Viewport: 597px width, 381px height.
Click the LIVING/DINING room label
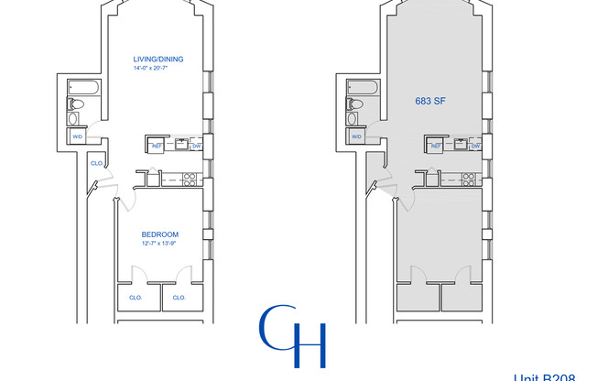pos(158,60)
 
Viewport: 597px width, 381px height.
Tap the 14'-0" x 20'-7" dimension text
pos(158,70)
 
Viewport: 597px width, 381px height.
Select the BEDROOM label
pos(159,234)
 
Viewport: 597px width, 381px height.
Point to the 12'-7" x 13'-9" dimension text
pos(159,244)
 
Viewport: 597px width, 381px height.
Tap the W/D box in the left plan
pos(77,136)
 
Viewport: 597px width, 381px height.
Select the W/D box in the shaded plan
pos(356,136)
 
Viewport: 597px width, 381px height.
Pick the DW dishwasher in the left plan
pos(196,145)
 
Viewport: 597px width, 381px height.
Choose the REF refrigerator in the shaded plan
pos(436,145)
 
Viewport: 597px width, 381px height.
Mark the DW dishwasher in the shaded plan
pos(475,145)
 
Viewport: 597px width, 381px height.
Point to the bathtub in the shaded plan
pos(357,89)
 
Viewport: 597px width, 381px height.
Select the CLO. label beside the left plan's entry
pos(96,163)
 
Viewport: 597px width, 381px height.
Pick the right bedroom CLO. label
pos(179,297)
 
